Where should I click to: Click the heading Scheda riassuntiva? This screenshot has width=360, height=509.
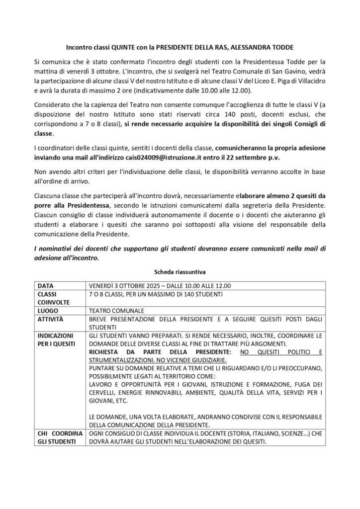coord(180,272)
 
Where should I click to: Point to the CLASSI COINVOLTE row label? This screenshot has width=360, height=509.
coord(53,298)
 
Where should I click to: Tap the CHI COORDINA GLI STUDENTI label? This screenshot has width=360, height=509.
coord(59,437)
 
